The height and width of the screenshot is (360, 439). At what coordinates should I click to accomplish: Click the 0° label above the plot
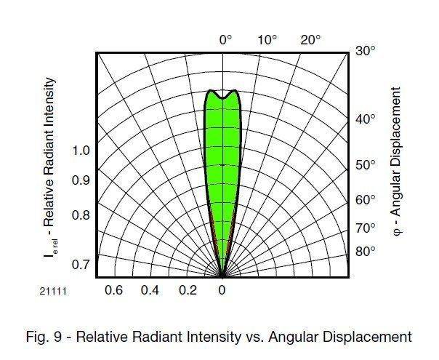pos(225,39)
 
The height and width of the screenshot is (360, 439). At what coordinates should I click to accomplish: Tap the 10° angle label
pos(268,39)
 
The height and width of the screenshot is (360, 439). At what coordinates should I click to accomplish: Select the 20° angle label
pos(310,39)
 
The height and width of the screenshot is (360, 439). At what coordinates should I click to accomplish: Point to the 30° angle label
pos(366,52)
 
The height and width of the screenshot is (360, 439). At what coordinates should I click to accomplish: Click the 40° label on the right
pos(366,119)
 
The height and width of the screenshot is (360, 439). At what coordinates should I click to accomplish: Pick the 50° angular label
pos(366,165)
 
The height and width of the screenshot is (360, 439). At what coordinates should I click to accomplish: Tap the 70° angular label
pos(366,228)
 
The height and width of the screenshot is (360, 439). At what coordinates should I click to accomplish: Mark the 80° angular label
pos(366,252)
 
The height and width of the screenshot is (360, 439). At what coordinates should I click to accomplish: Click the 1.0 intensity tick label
pos(81,151)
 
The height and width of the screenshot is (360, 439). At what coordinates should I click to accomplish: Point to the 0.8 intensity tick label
pos(81,215)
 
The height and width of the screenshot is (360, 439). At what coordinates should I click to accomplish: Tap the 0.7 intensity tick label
pos(81,263)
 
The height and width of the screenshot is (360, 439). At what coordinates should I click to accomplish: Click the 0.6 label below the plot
pos(114,290)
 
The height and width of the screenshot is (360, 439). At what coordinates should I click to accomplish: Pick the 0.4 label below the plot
pos(150,290)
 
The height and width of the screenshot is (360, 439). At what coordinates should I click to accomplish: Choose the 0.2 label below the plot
pos(188,290)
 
